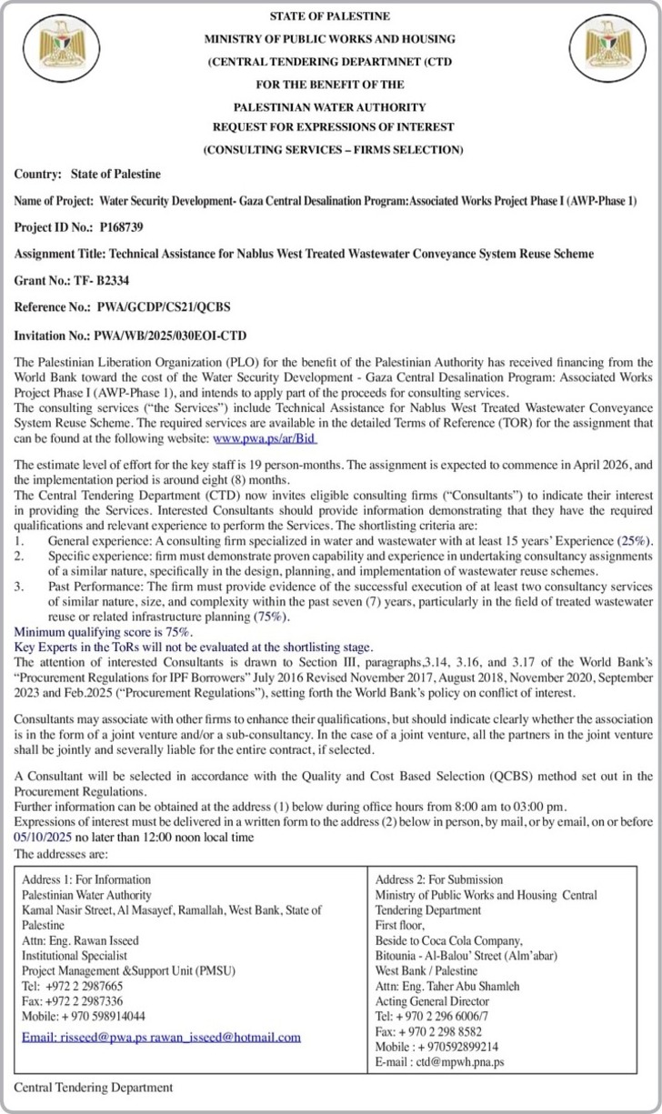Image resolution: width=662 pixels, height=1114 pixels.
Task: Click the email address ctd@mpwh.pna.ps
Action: click(459, 1061)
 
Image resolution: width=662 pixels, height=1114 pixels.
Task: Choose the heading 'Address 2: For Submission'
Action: click(439, 879)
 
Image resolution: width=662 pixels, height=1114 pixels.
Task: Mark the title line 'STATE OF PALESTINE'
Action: click(330, 16)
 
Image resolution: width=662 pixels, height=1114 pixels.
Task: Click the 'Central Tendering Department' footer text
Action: click(93, 1087)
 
